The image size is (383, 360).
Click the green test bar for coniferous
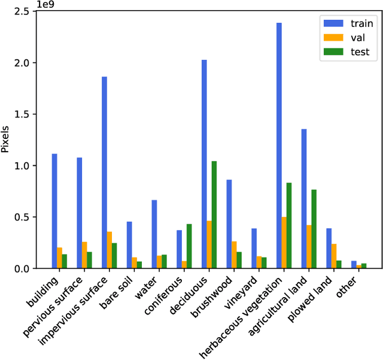click(189, 246)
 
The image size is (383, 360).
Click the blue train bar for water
click(154, 234)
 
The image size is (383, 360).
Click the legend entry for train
click(347, 24)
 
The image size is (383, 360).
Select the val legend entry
click(347, 38)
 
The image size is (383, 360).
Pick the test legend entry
click(347, 52)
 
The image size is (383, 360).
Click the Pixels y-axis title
click(5, 139)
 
